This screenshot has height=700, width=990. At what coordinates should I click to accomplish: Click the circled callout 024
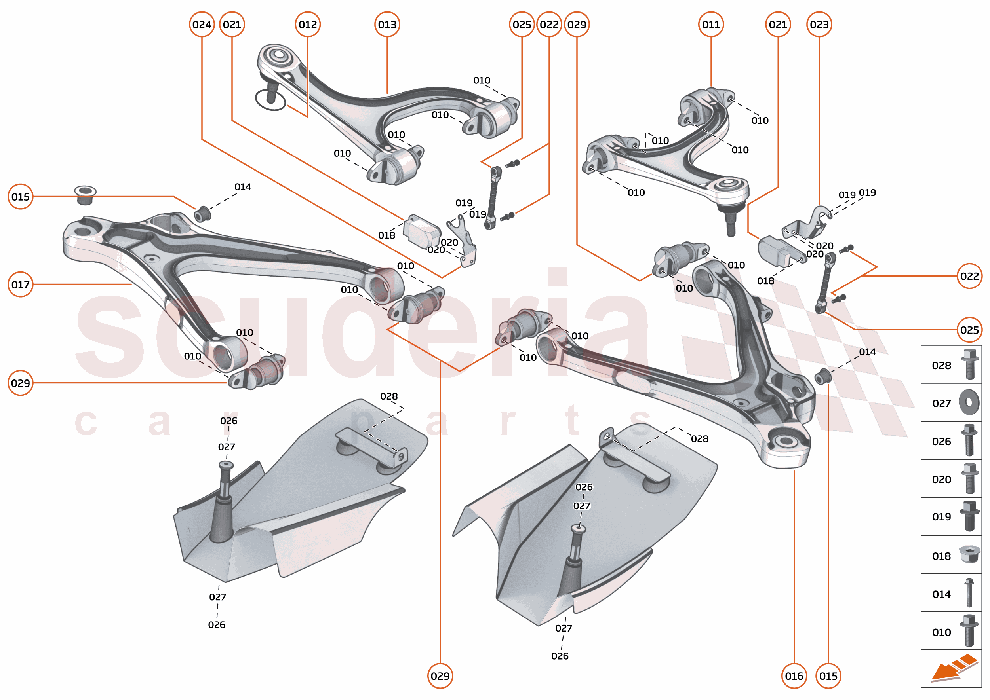[x=202, y=25]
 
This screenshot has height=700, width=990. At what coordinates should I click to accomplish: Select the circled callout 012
[x=308, y=25]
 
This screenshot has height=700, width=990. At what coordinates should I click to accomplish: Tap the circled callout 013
[x=387, y=25]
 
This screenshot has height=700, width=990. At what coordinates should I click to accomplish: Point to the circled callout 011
[x=711, y=25]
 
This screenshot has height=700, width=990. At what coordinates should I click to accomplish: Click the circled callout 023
[x=819, y=25]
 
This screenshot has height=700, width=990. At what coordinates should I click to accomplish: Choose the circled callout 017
[x=20, y=285]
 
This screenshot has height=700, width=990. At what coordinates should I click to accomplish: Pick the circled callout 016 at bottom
[x=794, y=676]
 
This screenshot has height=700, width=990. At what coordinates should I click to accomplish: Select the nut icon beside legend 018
[x=969, y=554]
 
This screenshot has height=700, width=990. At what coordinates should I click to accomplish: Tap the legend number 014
[x=941, y=594]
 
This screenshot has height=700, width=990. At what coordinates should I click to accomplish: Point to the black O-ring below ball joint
[x=270, y=101]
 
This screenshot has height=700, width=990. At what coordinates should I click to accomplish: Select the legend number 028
[x=941, y=366]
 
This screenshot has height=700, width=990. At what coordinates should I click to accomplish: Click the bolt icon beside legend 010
[x=969, y=631]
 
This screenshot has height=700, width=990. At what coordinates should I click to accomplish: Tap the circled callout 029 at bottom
[x=440, y=676]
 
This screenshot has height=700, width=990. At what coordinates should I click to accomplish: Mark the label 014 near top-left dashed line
[x=242, y=187]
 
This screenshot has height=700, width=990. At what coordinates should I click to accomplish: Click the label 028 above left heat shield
[x=388, y=396]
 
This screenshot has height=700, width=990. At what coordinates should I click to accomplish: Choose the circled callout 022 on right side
[x=969, y=276]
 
